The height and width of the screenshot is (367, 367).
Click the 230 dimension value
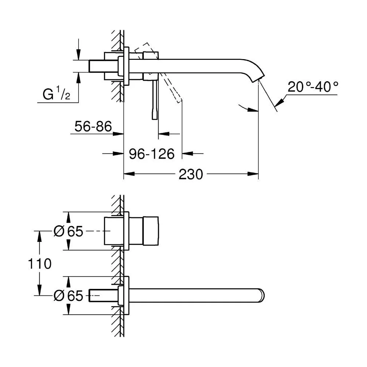tap(191, 174)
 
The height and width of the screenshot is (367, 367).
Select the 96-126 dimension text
tap(152, 154)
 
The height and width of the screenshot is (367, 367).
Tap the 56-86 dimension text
tap(93, 127)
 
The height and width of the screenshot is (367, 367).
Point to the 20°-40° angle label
tap(313, 87)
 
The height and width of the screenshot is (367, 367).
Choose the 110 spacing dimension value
tap(40, 264)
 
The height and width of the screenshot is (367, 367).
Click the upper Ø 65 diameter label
tap(68, 231)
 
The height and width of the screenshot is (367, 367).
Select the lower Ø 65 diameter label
tap(68, 295)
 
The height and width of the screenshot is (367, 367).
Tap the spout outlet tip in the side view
tap(258, 79)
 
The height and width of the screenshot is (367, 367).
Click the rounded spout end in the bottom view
tap(261, 295)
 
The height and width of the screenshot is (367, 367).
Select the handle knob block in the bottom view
tap(151, 231)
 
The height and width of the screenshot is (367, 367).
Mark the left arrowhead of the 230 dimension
tap(129, 174)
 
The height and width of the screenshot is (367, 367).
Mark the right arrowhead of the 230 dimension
tap(253, 174)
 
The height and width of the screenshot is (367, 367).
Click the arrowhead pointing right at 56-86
tap(118, 134)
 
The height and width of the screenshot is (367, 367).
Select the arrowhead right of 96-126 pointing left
tap(188, 153)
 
